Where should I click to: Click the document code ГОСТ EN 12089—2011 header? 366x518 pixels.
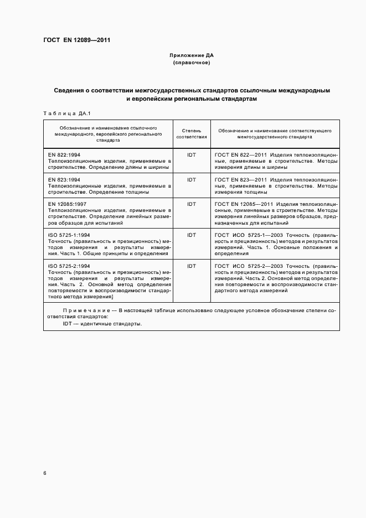pos(76,40)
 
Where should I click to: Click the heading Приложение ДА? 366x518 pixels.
pos(191,56)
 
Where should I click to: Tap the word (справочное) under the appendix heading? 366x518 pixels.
pos(191,63)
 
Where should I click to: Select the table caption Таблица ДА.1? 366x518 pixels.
pos(62,113)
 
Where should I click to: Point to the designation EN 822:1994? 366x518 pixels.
pos(65,155)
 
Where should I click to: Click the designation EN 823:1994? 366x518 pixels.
pos(65,180)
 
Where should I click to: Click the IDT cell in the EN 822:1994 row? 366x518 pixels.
pos(192,155)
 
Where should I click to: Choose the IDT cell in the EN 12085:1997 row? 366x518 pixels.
pos(192,204)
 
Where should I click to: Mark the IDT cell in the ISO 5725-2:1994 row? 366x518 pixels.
pos(192,266)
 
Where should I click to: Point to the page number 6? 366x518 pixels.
pos(45,473)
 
